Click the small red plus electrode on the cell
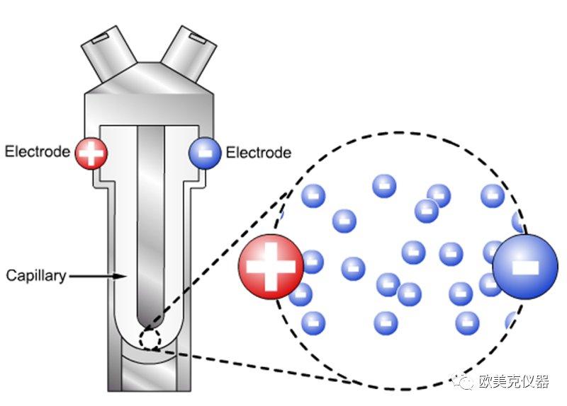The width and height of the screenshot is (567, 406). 91,152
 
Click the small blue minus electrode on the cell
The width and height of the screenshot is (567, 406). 205,152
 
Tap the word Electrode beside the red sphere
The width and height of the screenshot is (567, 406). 38,151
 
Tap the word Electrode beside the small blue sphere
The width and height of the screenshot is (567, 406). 258,152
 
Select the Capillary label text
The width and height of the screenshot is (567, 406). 35,274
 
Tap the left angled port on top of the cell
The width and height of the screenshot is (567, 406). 110,50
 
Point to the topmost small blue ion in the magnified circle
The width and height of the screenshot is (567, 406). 384,186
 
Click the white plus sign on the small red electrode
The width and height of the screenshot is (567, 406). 91,152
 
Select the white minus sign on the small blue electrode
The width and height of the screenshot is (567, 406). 205,152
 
